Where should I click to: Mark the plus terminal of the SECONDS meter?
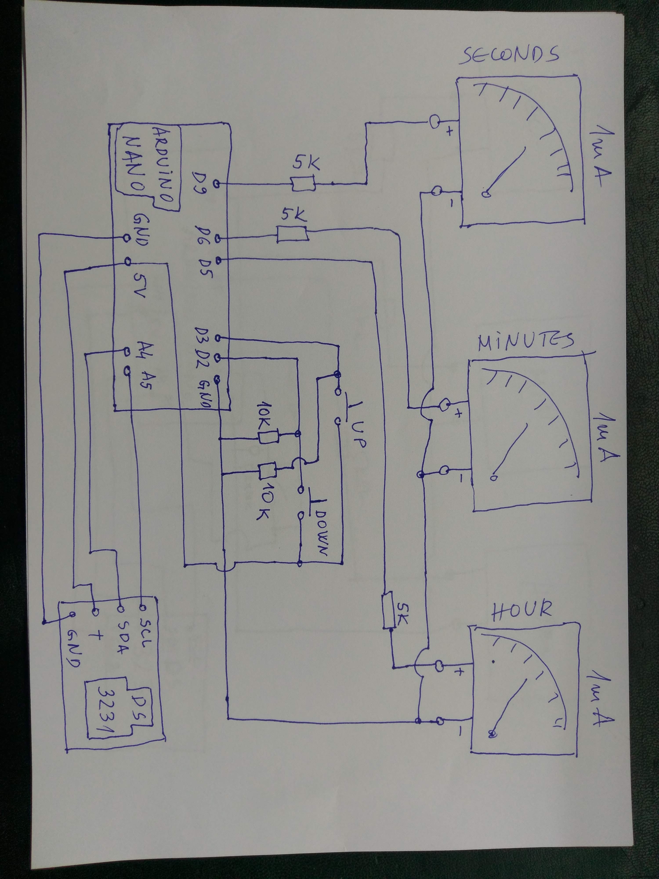(435, 122)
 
